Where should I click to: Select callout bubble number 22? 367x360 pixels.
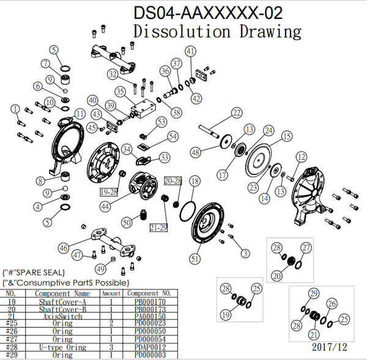(x=236, y=113)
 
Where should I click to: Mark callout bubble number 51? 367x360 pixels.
(x=195, y=259)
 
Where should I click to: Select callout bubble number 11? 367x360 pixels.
(x=80, y=113)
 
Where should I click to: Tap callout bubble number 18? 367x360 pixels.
(x=195, y=181)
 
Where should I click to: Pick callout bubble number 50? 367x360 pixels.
(x=127, y=222)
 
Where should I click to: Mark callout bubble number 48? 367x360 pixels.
(x=196, y=152)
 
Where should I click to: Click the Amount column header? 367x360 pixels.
(x=111, y=294)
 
